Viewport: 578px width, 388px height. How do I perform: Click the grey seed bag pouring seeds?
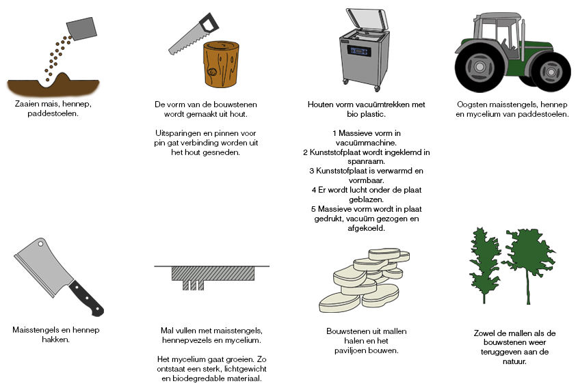tap(81, 29)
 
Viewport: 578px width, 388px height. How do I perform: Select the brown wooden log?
tap(222, 64)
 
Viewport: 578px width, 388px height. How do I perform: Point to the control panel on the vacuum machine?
tap(359, 51)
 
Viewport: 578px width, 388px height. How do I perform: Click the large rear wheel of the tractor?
tap(480, 68)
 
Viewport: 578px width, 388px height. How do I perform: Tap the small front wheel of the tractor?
tap(551, 72)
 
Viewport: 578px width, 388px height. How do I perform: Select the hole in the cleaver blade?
tap(40, 244)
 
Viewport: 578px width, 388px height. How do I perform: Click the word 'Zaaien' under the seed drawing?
tap(27, 105)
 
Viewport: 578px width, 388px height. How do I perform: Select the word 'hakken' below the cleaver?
tap(55, 339)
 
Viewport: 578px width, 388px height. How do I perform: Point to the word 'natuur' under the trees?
tap(514, 361)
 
